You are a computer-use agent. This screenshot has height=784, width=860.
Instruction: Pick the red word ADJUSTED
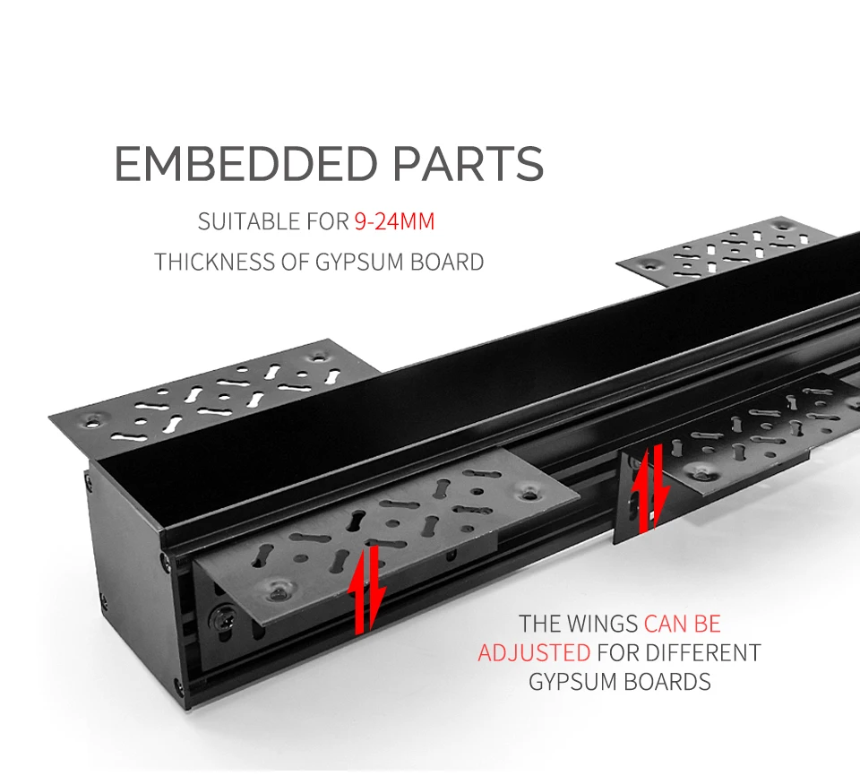coord(534,651)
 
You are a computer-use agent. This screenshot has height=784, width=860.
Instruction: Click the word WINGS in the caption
coord(601,623)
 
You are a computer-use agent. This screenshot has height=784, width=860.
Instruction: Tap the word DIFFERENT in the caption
coord(704,651)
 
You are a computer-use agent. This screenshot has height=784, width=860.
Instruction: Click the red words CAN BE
coord(683,623)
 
